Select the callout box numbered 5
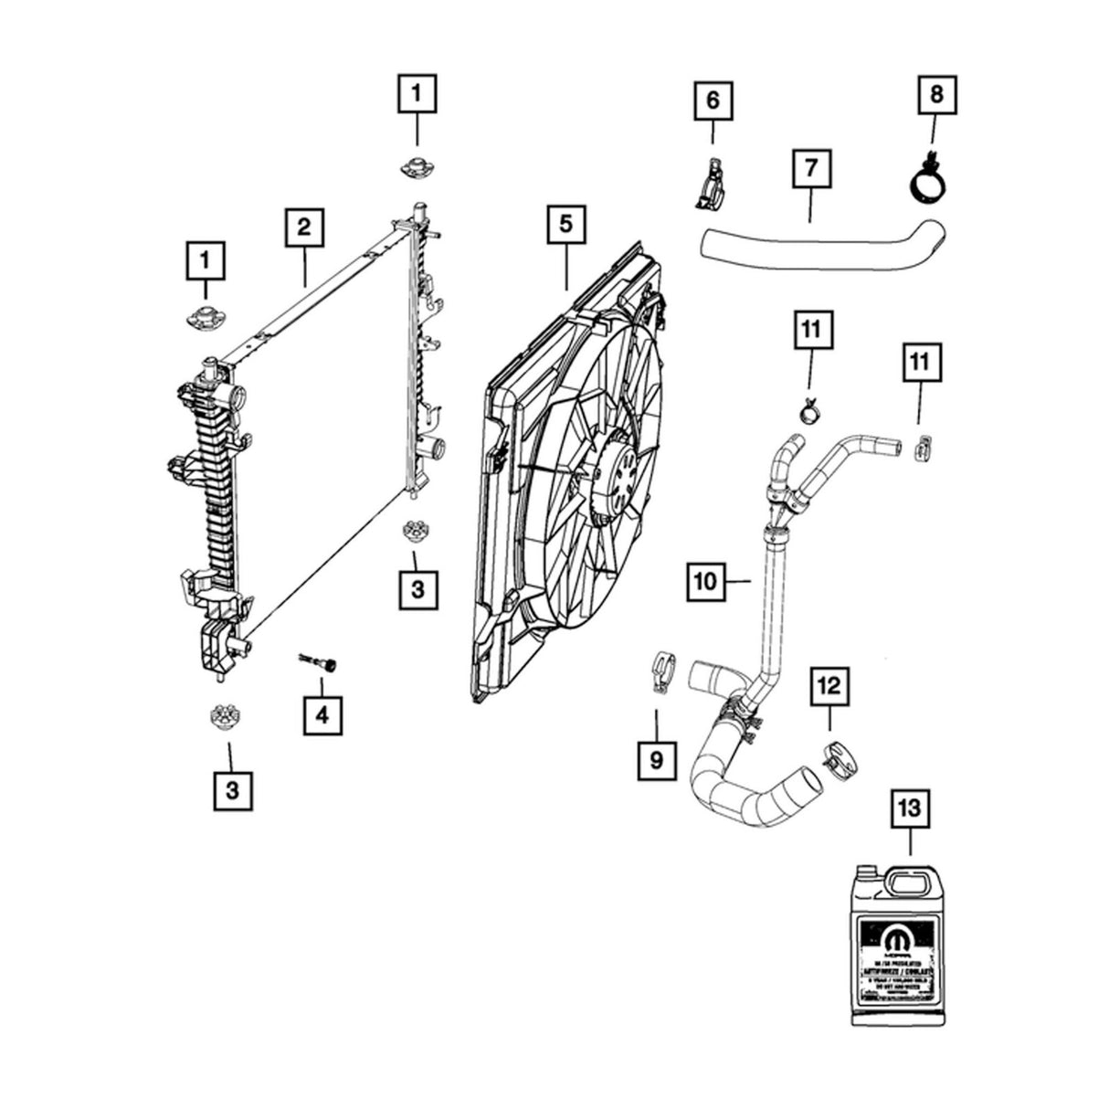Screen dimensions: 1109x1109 click(x=566, y=225)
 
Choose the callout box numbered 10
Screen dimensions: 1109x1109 click(x=707, y=582)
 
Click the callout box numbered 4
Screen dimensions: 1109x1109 click(x=322, y=716)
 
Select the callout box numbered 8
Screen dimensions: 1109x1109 click(x=939, y=95)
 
